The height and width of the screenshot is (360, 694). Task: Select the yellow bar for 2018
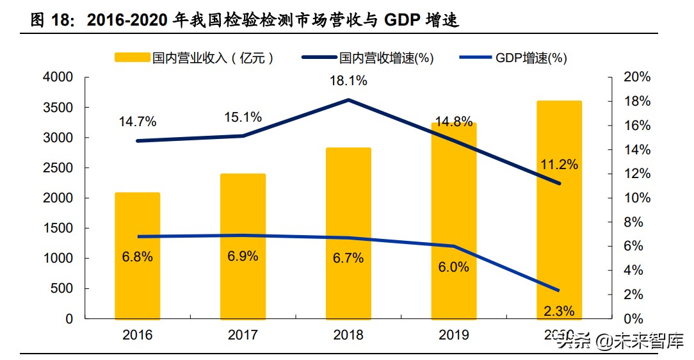point(348,233)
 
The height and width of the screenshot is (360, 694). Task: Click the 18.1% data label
point(348,81)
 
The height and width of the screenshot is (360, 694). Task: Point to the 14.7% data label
point(138,122)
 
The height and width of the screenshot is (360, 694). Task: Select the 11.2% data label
point(559,165)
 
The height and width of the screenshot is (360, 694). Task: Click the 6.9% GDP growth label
point(243,256)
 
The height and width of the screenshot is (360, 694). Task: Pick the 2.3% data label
point(559,311)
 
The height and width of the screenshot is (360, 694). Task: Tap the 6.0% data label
point(453,267)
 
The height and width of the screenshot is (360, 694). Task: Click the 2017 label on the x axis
point(243,335)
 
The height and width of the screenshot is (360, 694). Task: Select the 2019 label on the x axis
point(453,335)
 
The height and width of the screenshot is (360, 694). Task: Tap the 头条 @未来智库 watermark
point(620,340)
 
